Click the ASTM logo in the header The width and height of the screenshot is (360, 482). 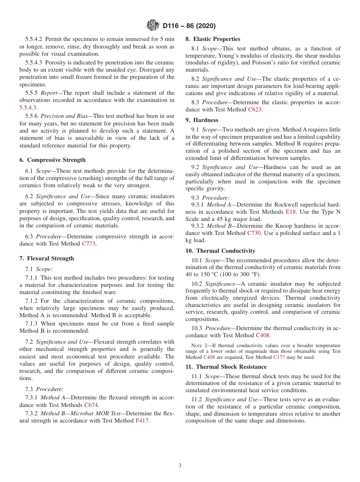153,26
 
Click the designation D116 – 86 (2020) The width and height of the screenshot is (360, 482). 189,26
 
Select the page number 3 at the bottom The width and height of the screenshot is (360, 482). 180,466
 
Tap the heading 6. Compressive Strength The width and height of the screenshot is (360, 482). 52,160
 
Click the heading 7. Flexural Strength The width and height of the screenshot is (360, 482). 47,258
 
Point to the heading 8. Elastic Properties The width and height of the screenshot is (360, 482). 213,39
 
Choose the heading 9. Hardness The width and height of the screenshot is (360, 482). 202,120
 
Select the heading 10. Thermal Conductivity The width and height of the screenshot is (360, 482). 220,251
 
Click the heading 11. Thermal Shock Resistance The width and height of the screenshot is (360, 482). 226,367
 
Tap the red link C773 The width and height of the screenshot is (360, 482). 89,244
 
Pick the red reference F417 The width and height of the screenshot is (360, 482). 142,421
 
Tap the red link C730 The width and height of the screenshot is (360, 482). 254,233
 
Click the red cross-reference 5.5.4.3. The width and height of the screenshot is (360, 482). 28,108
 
